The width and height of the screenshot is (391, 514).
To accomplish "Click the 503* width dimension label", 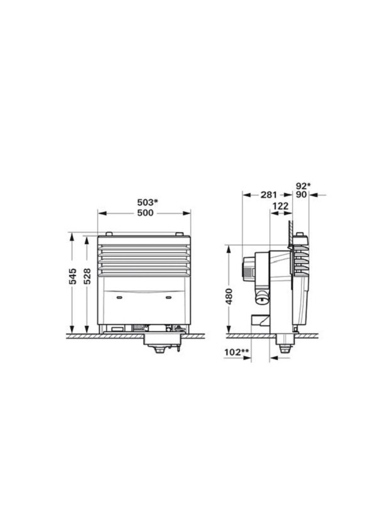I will [148, 203].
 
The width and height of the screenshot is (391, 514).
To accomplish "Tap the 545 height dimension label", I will [73, 276].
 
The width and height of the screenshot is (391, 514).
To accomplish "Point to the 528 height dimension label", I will [87, 276].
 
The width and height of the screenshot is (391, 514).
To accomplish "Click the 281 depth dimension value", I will [268, 195].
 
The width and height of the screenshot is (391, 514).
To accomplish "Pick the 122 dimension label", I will [280, 206].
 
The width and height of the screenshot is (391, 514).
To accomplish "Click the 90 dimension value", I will [301, 195].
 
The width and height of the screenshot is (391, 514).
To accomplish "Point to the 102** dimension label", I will [234, 352].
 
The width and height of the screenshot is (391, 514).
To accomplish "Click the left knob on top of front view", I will [109, 235].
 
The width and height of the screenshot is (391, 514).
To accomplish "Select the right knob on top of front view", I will [181, 235].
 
